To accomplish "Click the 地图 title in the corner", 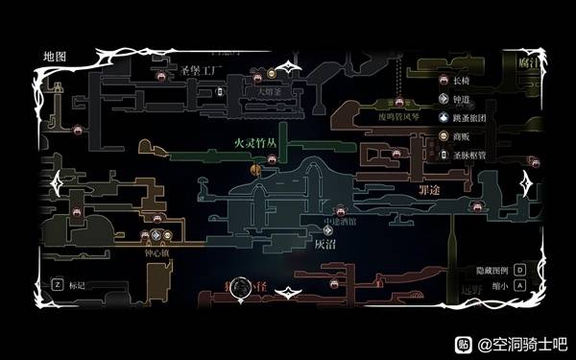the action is [54, 57].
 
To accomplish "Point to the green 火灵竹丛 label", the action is [256, 141].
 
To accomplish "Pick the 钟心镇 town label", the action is [158, 254].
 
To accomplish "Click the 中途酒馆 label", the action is [340, 221].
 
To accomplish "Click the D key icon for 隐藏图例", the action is [518, 271].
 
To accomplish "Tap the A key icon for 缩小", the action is [518, 285].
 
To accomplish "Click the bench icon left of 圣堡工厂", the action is [161, 72].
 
